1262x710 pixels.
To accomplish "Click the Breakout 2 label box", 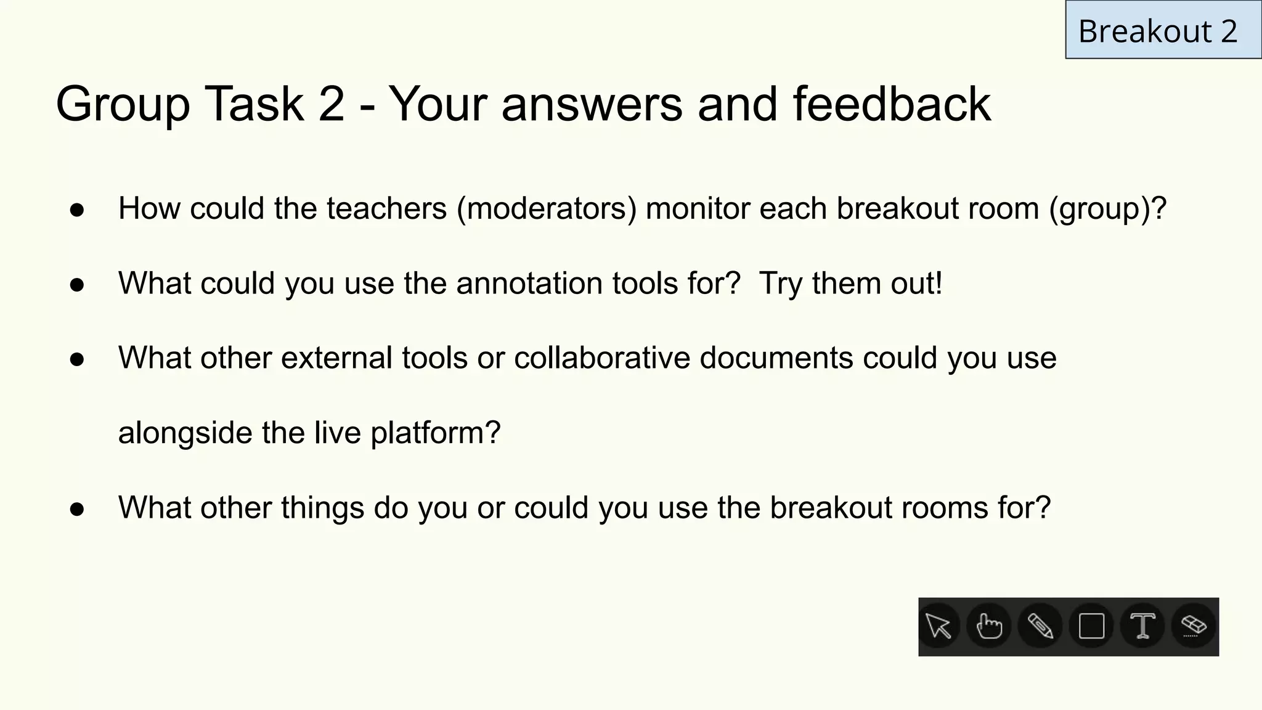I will pos(1162,30).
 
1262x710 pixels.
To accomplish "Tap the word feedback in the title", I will pos(892,104).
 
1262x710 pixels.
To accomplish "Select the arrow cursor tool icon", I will pos(938,627).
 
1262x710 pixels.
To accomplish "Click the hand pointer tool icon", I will pos(989,627).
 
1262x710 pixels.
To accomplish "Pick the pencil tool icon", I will pos(1040,627).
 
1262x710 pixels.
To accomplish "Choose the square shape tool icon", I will pos(1091,627).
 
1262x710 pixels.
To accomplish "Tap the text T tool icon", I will pos(1142,627).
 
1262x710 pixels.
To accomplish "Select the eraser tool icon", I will pos(1194,627).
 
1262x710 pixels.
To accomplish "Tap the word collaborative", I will pos(602,358).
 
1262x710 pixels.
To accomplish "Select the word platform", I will pos(435,433).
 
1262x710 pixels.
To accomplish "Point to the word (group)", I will pos(1108,209).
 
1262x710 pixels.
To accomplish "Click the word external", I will pos(336,358).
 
